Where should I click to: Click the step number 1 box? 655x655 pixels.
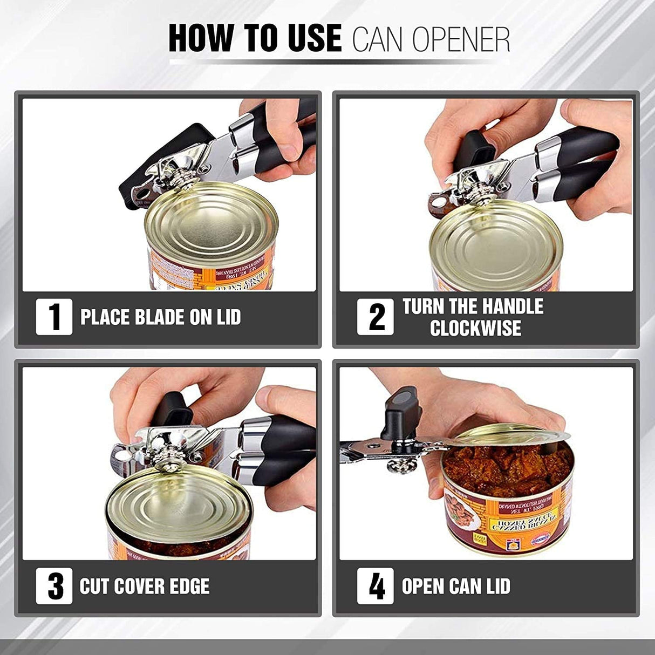(x=54, y=317)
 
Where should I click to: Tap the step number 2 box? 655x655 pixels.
(x=376, y=317)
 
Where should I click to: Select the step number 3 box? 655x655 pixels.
(x=54, y=586)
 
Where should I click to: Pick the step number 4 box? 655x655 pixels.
(x=376, y=586)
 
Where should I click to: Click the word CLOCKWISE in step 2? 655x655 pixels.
(x=475, y=328)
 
